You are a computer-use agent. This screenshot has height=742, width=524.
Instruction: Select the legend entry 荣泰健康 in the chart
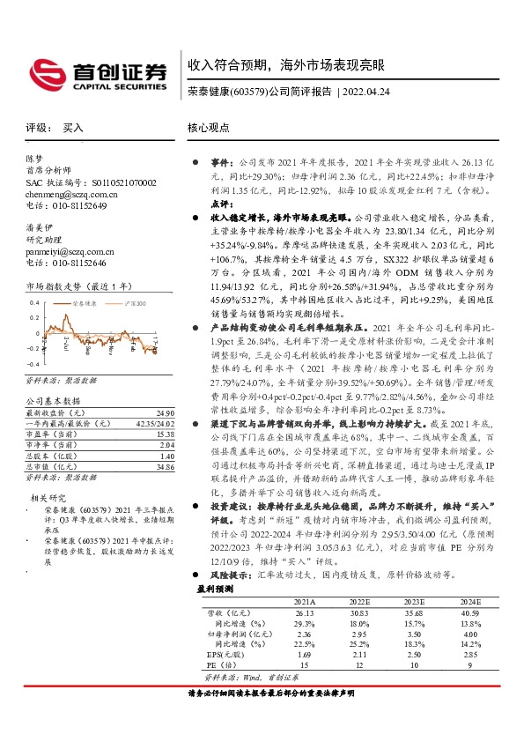click(84, 302)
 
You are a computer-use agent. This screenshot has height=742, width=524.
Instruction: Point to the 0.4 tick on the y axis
click(33, 299)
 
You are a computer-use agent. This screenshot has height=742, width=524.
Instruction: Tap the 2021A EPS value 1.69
click(304, 679)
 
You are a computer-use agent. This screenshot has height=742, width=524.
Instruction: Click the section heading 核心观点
click(206, 127)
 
